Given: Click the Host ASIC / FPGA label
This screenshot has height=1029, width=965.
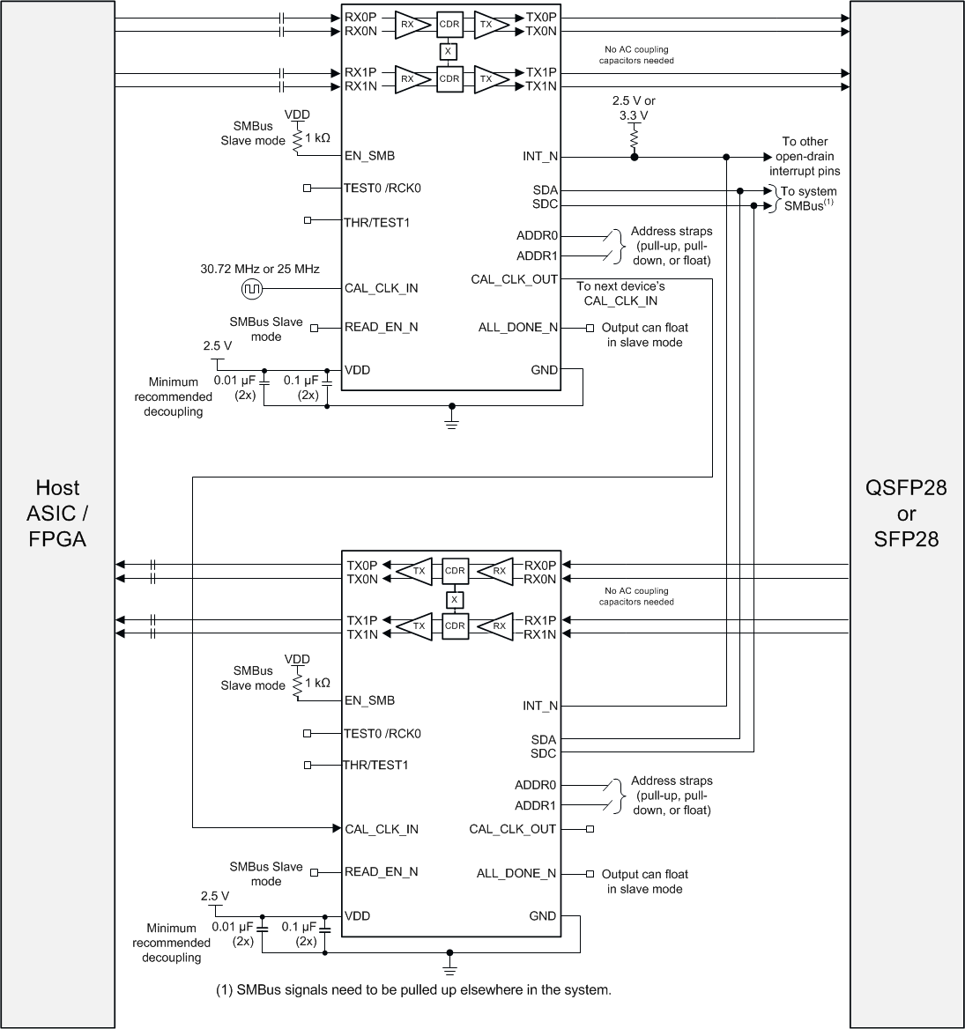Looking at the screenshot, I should point(57,513).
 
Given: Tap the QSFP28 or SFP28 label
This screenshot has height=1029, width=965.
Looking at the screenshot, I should point(906,513).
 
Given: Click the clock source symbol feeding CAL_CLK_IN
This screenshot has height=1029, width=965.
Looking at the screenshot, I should point(251,288).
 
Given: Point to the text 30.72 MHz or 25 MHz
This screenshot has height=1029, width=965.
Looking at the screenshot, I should point(260,269).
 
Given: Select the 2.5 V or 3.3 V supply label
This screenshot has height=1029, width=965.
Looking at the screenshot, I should point(633,107).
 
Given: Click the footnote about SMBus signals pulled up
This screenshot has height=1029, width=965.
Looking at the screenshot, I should point(413,989).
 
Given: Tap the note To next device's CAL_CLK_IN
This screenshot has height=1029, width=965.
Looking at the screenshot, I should point(620,293).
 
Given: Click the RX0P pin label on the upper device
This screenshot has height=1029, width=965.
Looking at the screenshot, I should point(361,18).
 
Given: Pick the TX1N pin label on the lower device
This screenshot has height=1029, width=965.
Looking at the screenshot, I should point(362,634).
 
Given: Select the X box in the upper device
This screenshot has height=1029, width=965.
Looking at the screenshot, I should point(449,52).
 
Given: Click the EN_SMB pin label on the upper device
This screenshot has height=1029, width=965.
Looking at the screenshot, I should point(369,156).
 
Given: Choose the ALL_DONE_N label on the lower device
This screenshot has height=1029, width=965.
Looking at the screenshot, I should point(516,873).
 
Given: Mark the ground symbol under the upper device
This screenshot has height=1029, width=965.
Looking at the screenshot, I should point(452,424).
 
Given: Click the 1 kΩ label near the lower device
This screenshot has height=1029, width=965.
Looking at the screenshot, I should point(317,682).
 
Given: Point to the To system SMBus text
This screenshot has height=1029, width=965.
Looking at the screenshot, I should point(805,198).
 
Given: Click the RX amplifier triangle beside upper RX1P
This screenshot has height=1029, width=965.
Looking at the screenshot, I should point(407,79).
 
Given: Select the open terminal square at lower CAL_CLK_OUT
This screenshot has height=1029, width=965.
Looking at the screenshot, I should point(590,829).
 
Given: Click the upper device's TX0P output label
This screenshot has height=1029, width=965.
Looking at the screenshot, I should point(541,18).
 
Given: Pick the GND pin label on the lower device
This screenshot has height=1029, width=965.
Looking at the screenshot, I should point(542,915).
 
